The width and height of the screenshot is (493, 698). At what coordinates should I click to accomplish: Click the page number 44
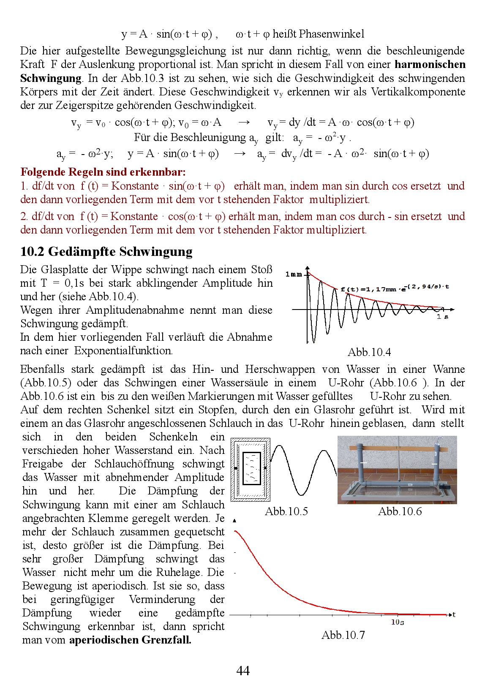tap(243, 671)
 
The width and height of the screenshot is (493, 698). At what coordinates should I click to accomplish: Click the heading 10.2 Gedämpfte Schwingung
tap(106, 252)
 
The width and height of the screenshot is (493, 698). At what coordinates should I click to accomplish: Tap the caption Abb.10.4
tap(369, 352)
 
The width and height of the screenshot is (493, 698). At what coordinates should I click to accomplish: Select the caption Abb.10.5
tap(286, 511)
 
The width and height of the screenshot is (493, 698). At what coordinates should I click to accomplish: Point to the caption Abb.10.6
tap(400, 511)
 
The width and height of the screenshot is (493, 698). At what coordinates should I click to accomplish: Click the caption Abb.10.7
tap(343, 635)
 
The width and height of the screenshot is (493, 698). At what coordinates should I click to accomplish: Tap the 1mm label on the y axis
tap(294, 274)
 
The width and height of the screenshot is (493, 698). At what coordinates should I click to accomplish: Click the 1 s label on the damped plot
tap(442, 316)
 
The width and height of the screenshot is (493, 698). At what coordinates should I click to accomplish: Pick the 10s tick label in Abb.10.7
tap(397, 622)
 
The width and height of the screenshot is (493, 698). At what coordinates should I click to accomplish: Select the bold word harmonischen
tap(430, 65)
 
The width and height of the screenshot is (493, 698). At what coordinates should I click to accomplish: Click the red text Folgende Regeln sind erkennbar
tap(103, 172)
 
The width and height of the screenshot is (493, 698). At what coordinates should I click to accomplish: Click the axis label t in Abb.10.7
tap(454, 615)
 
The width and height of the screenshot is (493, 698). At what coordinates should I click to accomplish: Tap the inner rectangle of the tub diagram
tap(251, 468)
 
